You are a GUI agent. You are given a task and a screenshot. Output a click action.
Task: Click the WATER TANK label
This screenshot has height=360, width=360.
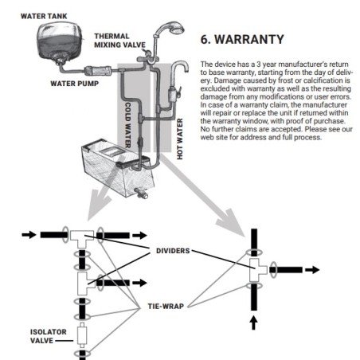coord(44,16)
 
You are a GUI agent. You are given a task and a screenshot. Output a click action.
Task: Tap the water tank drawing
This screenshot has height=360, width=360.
coord(59,42)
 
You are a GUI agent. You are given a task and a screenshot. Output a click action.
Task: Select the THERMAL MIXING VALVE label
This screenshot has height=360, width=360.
coord(119,41)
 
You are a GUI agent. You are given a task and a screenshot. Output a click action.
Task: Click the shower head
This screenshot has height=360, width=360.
coord(174,27)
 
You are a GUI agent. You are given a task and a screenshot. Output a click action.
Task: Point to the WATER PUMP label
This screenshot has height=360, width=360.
coord(75,84)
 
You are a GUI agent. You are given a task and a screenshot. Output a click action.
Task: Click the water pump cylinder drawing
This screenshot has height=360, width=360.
coord(98,71)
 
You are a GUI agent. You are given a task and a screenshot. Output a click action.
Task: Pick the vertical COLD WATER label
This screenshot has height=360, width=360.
coord(127,125)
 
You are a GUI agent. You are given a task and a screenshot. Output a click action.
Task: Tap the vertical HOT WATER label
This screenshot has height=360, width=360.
coord(180,139)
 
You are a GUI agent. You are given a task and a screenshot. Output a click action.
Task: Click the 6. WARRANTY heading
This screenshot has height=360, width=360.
coord(242,40)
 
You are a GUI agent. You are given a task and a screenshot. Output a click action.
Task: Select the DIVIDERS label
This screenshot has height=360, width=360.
coord(173,251)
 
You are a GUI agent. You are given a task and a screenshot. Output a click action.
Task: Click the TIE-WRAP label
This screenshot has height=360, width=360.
coord(166,307)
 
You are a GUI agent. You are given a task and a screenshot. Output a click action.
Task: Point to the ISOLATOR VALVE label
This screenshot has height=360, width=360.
coord(49,336)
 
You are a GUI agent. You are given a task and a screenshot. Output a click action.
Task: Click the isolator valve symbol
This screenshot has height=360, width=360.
coord(82,335)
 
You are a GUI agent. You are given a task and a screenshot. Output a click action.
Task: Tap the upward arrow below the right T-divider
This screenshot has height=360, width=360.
coord(254,323)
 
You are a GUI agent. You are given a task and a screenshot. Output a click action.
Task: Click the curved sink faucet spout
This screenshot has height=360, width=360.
coord(179,68)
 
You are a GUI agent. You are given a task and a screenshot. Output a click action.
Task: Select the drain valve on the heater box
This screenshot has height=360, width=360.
coord(141,193)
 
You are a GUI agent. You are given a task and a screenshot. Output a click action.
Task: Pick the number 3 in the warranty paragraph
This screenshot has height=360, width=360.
coord(258,65)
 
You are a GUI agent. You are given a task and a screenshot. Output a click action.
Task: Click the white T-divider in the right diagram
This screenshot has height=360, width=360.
coord(258,270)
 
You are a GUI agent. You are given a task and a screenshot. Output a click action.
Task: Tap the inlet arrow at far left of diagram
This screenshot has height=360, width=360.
coord(29,235)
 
